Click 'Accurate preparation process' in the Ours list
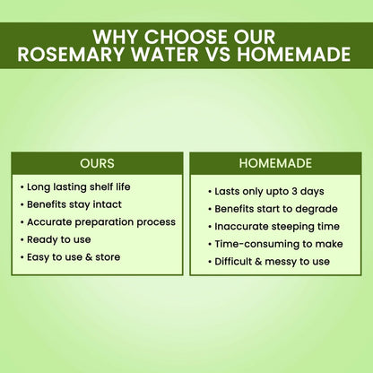click(100, 221)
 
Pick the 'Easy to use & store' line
click(73, 257)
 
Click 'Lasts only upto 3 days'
click(269, 192)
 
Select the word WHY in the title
click(115, 38)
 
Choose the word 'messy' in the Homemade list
click(285, 262)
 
